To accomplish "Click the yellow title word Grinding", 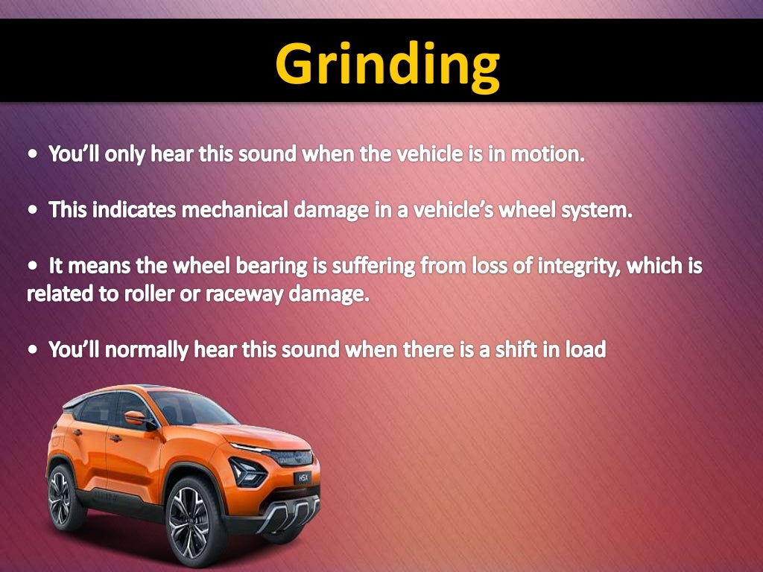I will [x=387, y=64].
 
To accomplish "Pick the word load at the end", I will [x=585, y=349].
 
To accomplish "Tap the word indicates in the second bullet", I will [x=131, y=210].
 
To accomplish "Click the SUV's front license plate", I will [x=301, y=477].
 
